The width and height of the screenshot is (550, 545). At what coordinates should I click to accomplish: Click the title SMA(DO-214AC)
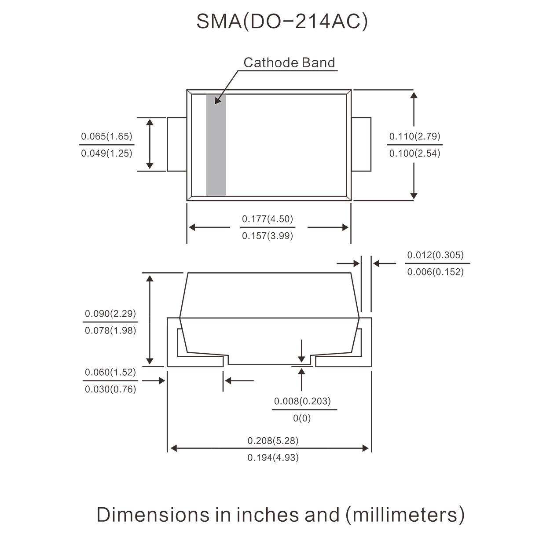point(282,22)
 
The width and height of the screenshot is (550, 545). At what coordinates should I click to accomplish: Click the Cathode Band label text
point(289,62)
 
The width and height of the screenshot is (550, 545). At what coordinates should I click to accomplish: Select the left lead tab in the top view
point(177,144)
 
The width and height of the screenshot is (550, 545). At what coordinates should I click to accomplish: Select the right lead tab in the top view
point(361,144)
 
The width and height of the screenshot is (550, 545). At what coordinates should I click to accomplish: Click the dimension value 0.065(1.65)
point(106,136)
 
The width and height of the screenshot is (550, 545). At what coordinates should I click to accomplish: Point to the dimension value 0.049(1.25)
point(106,154)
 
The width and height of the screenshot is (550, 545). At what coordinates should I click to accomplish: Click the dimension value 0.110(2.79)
point(414,136)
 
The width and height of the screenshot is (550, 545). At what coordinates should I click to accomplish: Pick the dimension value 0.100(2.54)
point(414,154)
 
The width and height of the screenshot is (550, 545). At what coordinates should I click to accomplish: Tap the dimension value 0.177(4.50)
point(268,219)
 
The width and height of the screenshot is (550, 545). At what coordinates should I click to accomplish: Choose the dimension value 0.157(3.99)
point(268,236)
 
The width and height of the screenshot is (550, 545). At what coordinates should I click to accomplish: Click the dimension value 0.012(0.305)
point(435,255)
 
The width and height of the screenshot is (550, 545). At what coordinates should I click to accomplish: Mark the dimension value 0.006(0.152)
point(435,272)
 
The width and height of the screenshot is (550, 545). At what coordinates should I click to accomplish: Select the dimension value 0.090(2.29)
point(110,314)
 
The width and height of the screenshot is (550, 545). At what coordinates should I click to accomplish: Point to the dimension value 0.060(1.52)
point(110,372)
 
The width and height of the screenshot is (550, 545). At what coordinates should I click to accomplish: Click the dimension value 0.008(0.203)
point(302,401)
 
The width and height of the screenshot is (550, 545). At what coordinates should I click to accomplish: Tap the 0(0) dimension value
point(302,418)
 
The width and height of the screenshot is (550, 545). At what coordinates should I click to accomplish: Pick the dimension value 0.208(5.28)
point(273,441)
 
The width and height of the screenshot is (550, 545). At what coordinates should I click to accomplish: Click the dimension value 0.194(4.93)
point(273,457)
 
